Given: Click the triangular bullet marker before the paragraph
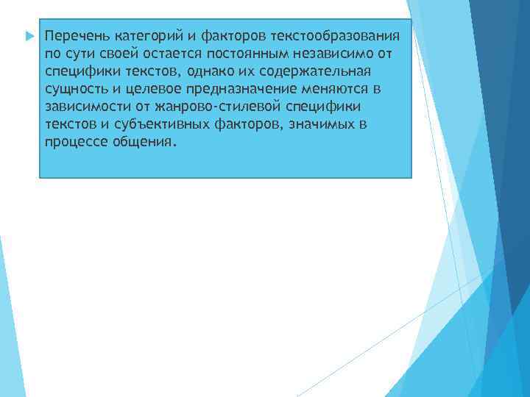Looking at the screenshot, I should point(29,35).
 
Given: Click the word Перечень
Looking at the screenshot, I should point(74,35).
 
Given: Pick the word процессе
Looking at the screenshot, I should point(74,143).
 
